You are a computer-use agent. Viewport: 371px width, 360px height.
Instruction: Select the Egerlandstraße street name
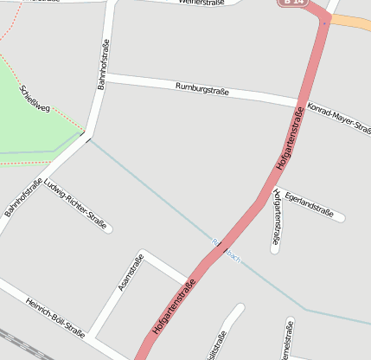pyautogui.click(x=309, y=203)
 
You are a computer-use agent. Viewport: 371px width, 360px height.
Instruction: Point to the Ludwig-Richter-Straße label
pyautogui.click(x=77, y=205)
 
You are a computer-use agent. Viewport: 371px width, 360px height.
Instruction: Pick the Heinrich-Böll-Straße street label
pyautogui.click(x=55, y=316)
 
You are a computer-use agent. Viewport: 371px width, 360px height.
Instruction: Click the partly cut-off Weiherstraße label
pyautogui.click(x=201, y=3)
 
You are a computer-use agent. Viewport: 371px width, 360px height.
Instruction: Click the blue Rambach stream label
pyautogui.click(x=227, y=251)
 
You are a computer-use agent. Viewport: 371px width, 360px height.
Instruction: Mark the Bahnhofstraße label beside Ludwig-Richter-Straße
pyautogui.click(x=23, y=197)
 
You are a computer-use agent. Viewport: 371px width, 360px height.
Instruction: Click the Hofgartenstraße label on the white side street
pyautogui.click(x=276, y=220)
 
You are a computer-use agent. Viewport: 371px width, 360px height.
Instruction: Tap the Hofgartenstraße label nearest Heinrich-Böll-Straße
pyautogui.click(x=174, y=306)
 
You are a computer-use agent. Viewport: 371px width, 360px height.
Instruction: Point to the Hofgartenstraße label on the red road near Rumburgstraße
pyautogui.click(x=291, y=139)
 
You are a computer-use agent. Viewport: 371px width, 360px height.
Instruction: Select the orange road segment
pyautogui.click(x=352, y=22)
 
